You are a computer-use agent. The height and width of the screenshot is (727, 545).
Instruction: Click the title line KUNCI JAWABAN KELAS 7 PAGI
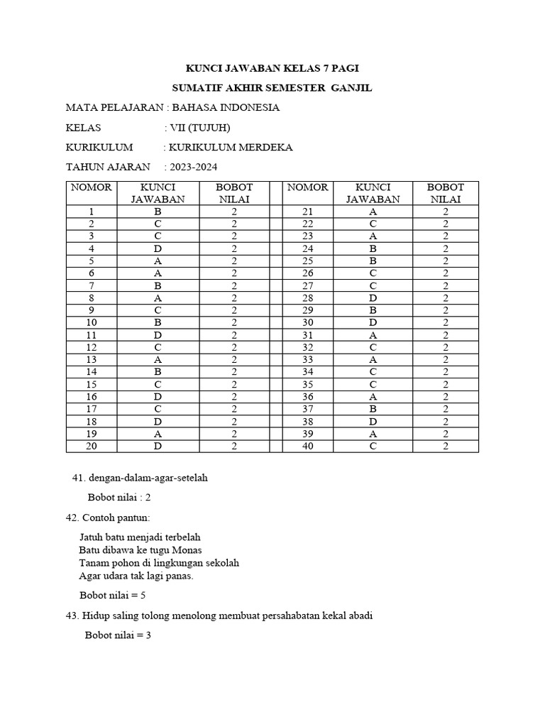point(272,69)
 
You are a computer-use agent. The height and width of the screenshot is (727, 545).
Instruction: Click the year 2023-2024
point(192,168)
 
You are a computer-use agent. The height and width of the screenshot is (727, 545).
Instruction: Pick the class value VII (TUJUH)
point(199,128)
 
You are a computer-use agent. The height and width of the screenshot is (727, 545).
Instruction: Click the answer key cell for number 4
point(158,248)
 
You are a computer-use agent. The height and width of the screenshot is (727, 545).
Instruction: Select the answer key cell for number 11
point(158,334)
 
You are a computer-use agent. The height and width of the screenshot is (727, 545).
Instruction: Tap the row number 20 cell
point(91,446)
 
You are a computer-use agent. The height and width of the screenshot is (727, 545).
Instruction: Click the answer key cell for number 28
point(373,297)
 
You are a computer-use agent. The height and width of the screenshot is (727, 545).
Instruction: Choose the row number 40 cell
point(307,446)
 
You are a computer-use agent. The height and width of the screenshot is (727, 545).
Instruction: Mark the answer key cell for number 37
point(373,409)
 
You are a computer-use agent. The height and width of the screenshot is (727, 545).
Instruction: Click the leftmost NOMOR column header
point(91,187)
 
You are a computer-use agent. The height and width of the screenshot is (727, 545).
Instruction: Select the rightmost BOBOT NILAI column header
point(446,193)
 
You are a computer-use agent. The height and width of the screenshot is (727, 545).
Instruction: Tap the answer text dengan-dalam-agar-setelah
point(146,478)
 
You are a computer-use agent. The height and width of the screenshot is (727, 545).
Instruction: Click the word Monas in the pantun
point(187,550)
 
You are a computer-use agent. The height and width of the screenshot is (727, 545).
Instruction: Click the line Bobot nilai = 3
point(118,635)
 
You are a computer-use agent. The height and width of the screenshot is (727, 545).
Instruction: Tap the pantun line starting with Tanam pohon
point(159,563)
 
